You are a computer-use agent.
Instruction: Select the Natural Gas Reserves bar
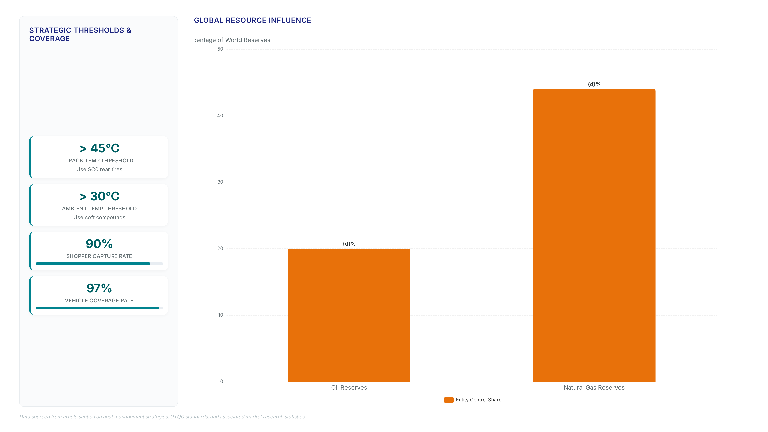coord(594,235)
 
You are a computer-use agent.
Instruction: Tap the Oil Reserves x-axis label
coord(349,388)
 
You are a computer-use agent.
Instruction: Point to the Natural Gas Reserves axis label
coord(594,388)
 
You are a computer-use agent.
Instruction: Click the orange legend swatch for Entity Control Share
coord(449,400)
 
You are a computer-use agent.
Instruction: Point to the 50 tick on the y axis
coord(220,49)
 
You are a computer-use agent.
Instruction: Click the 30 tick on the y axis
coord(220,182)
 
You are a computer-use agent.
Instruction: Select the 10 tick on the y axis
coord(220,315)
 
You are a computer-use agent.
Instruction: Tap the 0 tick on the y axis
coord(222,382)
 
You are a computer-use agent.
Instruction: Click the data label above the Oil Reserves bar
coord(349,244)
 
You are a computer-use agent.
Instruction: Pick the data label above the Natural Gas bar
coord(594,84)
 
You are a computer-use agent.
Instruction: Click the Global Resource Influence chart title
coord(253,20)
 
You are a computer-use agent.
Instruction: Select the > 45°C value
coord(99,148)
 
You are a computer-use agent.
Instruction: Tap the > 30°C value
coord(99,196)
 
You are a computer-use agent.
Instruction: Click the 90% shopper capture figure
coord(99,244)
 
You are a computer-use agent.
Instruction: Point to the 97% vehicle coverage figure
coord(99,288)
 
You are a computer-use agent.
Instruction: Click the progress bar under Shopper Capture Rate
coord(99,264)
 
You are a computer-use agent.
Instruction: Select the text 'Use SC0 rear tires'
coord(99,169)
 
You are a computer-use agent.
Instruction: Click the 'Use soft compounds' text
coord(99,217)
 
